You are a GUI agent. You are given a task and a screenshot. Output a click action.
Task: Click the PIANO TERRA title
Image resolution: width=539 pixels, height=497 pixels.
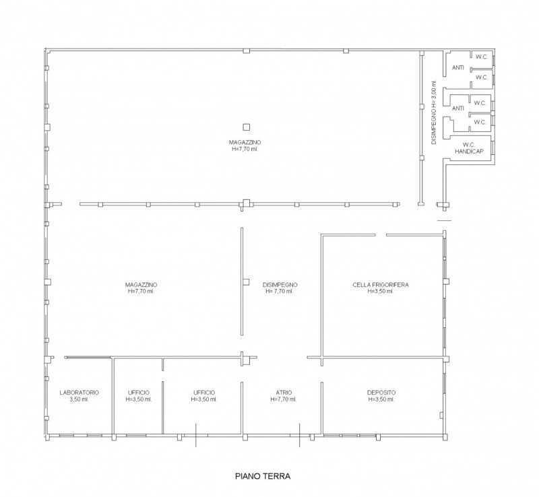[263, 476]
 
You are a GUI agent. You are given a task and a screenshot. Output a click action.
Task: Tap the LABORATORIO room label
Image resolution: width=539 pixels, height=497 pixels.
[80, 393]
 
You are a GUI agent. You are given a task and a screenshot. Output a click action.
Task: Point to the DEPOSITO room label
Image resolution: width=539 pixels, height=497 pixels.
[381, 393]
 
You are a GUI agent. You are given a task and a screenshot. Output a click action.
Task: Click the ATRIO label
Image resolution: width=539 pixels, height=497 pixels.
[284, 393]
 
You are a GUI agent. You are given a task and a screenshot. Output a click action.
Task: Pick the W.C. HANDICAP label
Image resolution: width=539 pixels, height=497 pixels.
[469, 147]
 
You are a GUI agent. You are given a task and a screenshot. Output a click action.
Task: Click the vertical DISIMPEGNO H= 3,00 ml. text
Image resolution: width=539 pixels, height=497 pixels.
[434, 112]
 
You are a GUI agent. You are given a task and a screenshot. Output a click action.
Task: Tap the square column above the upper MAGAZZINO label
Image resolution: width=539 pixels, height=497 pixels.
[246, 127]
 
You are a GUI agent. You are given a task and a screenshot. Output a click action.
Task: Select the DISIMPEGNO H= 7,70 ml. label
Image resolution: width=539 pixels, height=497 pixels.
[280, 288]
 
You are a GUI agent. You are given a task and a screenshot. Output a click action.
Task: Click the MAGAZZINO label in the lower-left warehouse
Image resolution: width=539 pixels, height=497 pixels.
[141, 288]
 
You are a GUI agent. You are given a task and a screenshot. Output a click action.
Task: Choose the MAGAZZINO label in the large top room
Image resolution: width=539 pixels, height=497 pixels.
[245, 145]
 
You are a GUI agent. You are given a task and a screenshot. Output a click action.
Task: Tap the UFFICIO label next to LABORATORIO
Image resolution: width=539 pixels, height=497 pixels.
[139, 396]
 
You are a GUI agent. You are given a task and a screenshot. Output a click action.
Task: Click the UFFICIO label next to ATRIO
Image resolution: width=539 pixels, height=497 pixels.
[204, 396]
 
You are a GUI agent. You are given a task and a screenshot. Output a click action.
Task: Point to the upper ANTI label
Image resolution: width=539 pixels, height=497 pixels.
[457, 68]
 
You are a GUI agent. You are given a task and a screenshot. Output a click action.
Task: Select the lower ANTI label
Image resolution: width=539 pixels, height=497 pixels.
[457, 108]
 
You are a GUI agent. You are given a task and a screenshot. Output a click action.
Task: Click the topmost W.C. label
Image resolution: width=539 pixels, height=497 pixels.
[482, 57]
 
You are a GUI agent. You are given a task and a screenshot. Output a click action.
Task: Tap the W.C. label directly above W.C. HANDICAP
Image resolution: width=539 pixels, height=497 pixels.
[480, 122]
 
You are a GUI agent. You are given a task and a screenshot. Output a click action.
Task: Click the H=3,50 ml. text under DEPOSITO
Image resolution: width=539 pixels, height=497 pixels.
[381, 399]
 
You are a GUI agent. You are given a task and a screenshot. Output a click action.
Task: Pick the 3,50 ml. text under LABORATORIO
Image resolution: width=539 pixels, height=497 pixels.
[80, 399]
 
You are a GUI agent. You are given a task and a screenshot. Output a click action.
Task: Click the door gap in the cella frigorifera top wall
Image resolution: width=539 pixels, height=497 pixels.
[381, 235]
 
